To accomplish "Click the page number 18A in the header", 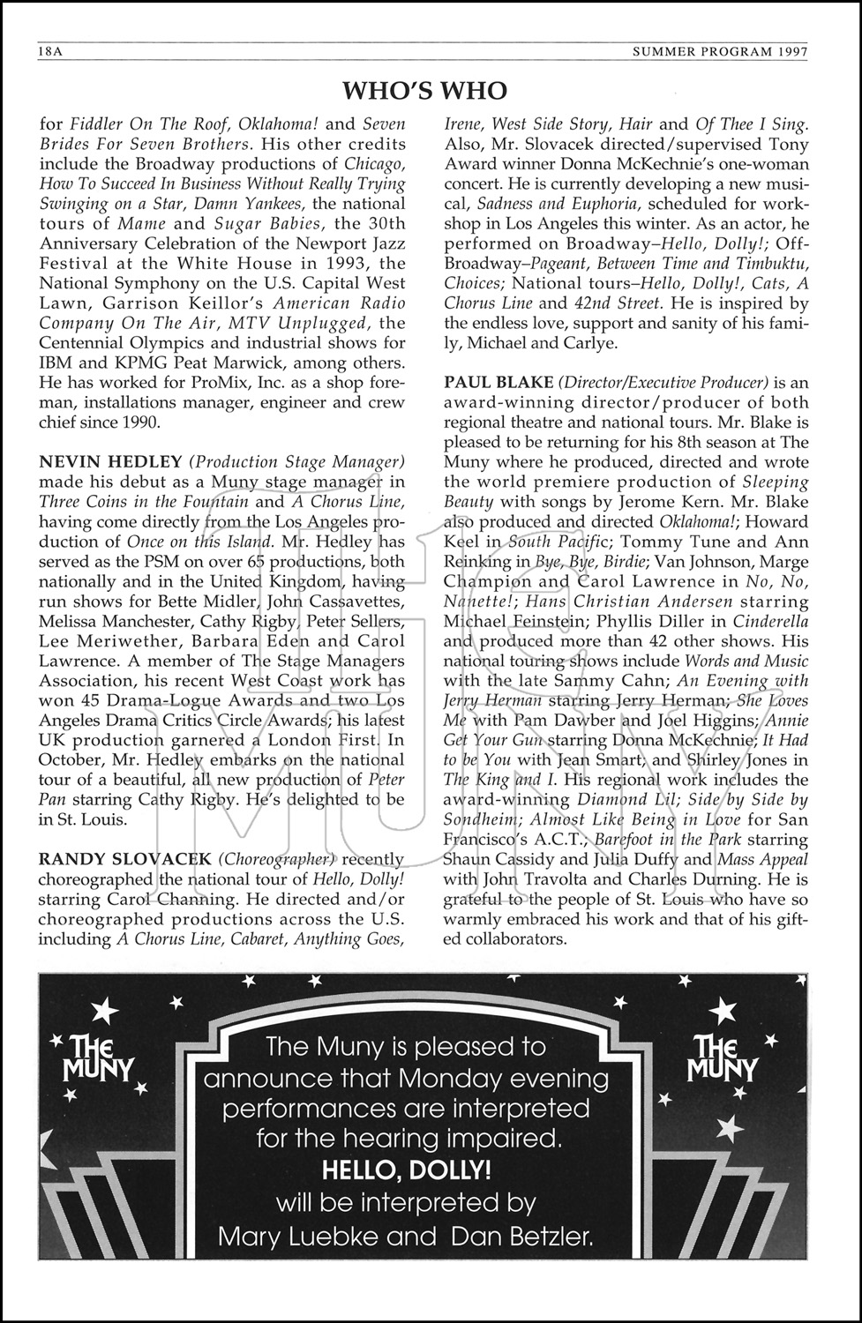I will [49, 52].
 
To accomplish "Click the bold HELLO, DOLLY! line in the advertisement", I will [406, 1170].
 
